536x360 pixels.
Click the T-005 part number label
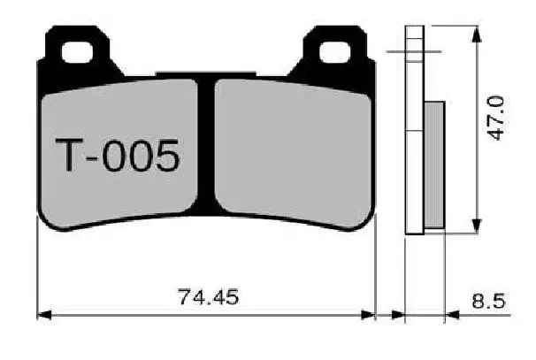pos(119,157)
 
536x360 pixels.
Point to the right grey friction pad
pos(292,150)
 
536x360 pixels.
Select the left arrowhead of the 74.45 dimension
pos(42,314)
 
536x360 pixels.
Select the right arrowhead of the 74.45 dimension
pos(371,314)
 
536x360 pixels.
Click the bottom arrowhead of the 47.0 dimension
pos(477,226)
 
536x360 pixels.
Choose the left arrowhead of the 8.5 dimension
pos(396,314)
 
